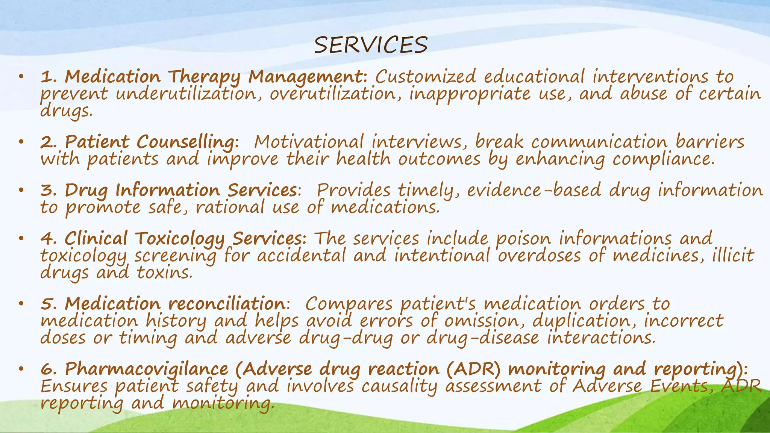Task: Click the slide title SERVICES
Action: coord(370,45)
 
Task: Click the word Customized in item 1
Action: coord(426,77)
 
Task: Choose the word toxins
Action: coord(164,272)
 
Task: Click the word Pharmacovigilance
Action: coord(147,369)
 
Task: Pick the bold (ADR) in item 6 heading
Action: coord(473,369)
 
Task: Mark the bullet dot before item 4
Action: coord(21,238)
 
